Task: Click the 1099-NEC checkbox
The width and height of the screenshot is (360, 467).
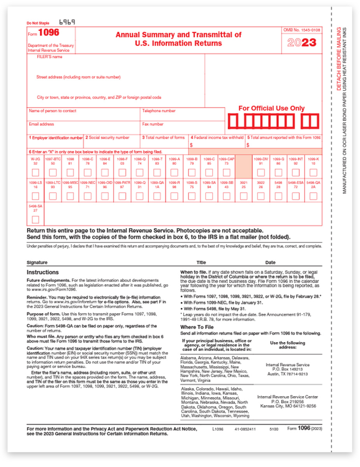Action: tap(88, 197)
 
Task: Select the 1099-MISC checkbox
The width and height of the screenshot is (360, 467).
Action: tap(70, 197)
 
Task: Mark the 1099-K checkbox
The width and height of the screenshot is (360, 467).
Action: tap(313, 172)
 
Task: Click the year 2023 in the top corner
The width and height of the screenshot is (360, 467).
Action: tap(302, 42)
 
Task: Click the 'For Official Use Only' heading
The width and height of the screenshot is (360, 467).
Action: tap(271, 108)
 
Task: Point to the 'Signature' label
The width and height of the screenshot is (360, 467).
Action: tap(37, 263)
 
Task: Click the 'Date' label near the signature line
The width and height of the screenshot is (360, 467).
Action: tap(270, 263)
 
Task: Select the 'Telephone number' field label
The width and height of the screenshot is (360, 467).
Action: tap(159, 111)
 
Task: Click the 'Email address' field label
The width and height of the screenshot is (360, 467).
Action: tap(41, 125)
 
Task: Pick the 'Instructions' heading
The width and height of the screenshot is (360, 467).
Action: tap(42, 272)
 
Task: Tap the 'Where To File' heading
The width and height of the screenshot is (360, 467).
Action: tap(197, 327)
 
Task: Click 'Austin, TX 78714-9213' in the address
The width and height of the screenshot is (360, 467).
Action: tap(288, 374)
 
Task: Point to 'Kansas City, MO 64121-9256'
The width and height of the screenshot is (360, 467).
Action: tap(288, 406)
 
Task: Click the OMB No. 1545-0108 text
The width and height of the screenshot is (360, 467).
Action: tap(302, 30)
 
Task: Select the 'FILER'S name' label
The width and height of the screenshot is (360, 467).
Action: tap(49, 57)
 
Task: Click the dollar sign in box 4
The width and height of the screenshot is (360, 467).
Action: tap(191, 145)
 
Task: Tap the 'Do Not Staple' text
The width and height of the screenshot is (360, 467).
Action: tap(37, 23)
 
